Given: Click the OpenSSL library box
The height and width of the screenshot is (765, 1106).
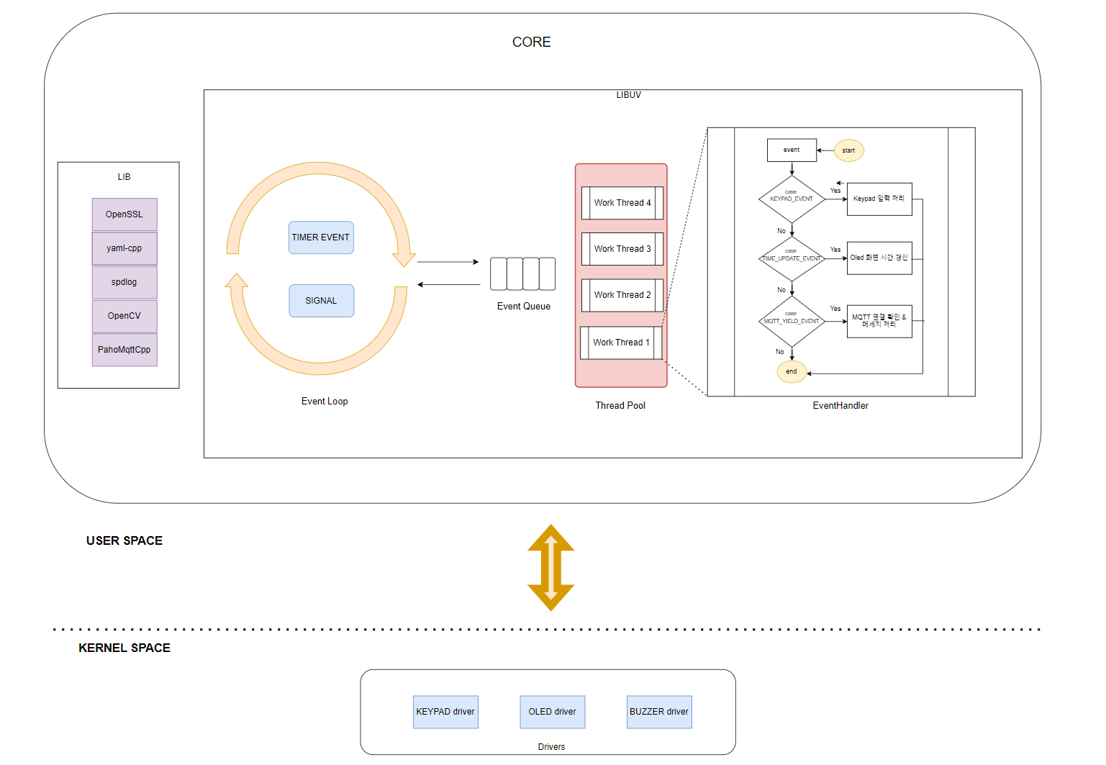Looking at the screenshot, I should point(124,214).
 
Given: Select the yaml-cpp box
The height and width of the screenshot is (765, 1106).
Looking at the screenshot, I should point(124,248).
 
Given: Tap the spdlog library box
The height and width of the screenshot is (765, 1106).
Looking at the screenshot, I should point(124,282).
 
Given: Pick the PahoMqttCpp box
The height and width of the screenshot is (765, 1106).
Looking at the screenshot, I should point(124,350).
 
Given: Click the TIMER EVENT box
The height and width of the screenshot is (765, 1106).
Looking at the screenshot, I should point(321,237).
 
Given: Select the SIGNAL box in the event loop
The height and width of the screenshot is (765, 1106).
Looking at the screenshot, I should point(321,301).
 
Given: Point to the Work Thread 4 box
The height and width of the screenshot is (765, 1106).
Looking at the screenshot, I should point(622,203).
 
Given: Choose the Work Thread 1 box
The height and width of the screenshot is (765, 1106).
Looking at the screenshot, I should point(621,343).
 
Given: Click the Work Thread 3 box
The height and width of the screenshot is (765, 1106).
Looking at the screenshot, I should point(622,249).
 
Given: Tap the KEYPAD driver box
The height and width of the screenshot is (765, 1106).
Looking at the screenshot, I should point(445,712).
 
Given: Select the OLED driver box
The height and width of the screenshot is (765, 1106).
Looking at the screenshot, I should point(552,712).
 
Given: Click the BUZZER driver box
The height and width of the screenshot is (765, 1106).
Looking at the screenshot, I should point(659,712).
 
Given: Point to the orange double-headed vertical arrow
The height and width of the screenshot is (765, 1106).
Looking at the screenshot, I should point(550,568).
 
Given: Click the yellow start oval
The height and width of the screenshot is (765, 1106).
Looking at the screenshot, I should point(849,150).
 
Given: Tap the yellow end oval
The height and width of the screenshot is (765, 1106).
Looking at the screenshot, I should point(792,371).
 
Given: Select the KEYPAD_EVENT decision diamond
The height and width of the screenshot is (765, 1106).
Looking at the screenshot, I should point(792,199).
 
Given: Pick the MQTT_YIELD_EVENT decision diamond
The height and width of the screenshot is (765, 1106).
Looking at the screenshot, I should point(792,321).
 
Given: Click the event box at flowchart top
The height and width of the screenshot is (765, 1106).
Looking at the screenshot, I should point(792,150).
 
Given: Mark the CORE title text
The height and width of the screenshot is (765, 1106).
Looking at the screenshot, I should point(531,42).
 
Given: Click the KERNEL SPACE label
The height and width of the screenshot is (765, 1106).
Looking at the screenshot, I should point(124,648).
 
